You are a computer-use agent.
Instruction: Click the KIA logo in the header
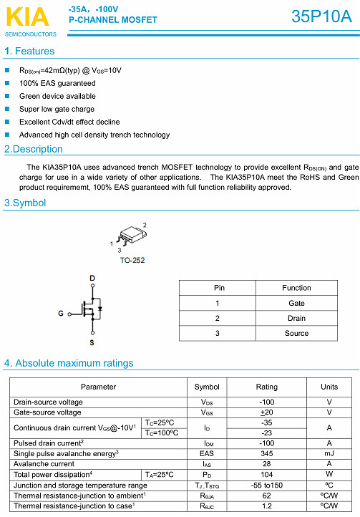[x=26, y=16]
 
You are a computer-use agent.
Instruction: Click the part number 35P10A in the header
[x=321, y=18]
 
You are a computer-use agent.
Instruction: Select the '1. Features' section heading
[x=29, y=52]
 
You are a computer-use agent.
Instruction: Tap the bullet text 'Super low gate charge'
[x=57, y=109]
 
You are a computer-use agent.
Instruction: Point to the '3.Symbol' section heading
[x=25, y=203]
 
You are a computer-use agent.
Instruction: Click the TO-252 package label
[x=132, y=260]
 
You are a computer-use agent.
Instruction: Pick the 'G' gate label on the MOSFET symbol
[x=61, y=314]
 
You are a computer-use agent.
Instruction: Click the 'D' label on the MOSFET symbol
[x=92, y=278]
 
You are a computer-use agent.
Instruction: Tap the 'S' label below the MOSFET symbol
[x=92, y=343]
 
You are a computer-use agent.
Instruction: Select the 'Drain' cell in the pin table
[x=296, y=318]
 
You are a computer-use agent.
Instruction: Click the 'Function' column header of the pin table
[x=296, y=288]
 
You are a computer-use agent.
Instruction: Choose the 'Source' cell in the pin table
[x=296, y=333]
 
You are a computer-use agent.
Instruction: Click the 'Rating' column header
[x=267, y=387]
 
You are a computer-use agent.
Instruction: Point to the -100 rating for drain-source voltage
[x=267, y=402]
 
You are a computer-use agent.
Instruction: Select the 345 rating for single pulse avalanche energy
[x=267, y=453]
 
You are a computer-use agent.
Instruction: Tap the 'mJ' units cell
[x=329, y=453]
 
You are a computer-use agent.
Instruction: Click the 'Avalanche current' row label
[x=44, y=464]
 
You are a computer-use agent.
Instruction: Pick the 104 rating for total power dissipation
[x=267, y=474]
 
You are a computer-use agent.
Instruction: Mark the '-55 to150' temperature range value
[x=267, y=485]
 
